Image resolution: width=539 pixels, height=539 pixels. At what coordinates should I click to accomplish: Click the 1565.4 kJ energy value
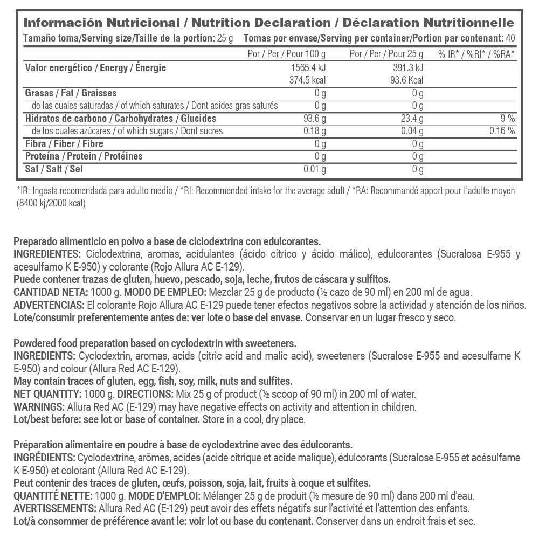[x=307, y=68]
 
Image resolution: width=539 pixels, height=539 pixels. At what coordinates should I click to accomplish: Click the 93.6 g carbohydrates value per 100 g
[x=312, y=119]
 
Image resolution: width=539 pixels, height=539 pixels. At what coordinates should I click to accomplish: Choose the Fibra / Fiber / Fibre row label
[x=64, y=144]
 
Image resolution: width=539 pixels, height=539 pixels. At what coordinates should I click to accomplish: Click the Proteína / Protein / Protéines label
[x=84, y=156]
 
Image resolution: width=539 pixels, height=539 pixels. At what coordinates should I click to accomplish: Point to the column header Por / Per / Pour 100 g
[x=286, y=54]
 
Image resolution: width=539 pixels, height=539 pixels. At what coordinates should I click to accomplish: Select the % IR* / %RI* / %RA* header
[x=476, y=54]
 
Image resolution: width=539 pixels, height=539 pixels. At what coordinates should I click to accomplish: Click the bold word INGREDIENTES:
[x=46, y=254]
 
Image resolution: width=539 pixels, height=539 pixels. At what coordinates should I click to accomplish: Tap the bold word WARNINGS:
[x=37, y=406]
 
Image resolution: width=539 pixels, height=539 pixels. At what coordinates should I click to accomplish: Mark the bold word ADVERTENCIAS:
[x=47, y=305]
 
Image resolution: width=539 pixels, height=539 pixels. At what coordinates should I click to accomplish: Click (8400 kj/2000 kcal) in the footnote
[x=51, y=203]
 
